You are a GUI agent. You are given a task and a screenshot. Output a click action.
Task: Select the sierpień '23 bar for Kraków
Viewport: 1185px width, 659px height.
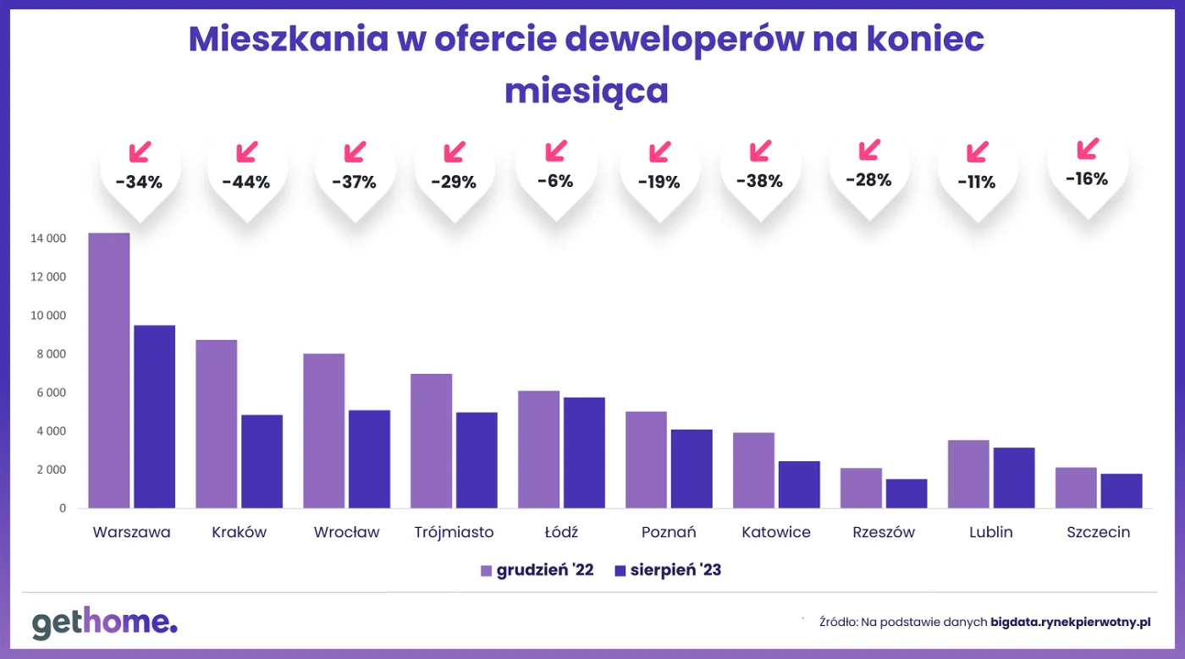point(262,461)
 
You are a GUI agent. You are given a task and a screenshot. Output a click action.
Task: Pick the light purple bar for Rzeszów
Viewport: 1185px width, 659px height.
point(861,488)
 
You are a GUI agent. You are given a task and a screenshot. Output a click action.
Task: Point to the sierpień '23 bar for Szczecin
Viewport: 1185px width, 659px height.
point(1122,491)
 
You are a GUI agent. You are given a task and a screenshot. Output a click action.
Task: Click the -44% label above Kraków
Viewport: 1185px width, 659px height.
point(245,182)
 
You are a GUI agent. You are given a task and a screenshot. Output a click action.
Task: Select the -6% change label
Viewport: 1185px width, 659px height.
point(555,180)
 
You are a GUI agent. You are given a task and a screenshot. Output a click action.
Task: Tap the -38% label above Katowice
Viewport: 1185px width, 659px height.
point(759,181)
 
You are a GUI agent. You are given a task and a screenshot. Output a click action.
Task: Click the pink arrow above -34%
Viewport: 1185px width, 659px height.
point(140,152)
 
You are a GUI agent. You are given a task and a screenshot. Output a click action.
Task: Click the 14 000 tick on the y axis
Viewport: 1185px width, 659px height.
point(47,239)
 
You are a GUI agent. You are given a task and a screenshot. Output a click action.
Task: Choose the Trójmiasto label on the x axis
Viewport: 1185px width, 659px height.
point(454,532)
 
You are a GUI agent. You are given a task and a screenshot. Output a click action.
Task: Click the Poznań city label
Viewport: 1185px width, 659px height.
point(669,532)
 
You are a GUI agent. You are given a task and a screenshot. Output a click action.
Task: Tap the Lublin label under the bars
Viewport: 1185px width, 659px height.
point(990,532)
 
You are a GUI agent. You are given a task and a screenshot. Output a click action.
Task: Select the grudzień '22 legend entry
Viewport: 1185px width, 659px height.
point(537,570)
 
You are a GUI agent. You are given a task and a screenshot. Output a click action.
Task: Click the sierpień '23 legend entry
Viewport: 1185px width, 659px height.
point(667,570)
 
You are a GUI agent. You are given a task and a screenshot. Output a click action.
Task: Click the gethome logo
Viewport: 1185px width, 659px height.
point(105,623)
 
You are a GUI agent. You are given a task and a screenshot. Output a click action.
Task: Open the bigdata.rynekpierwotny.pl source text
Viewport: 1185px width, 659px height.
point(1070,622)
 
